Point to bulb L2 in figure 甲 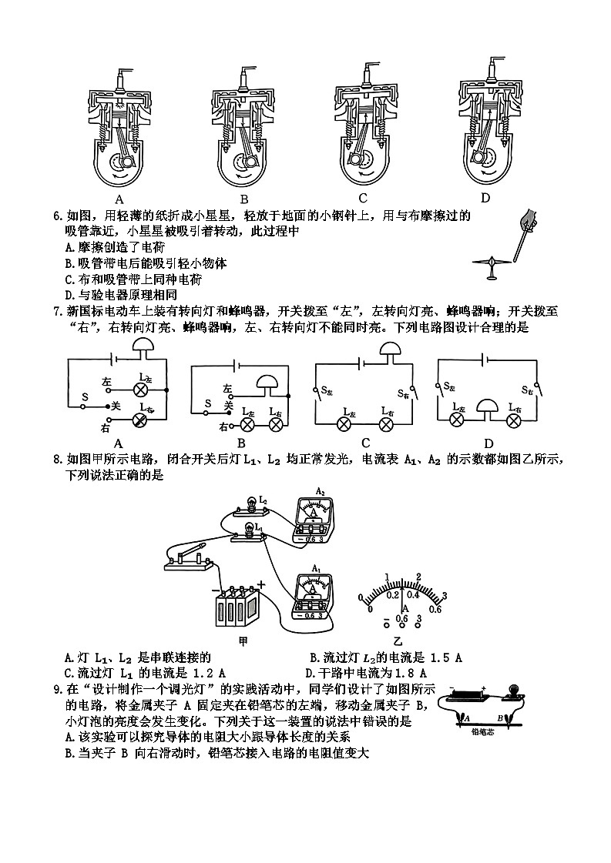[251, 503]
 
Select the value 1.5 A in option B [447, 657]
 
